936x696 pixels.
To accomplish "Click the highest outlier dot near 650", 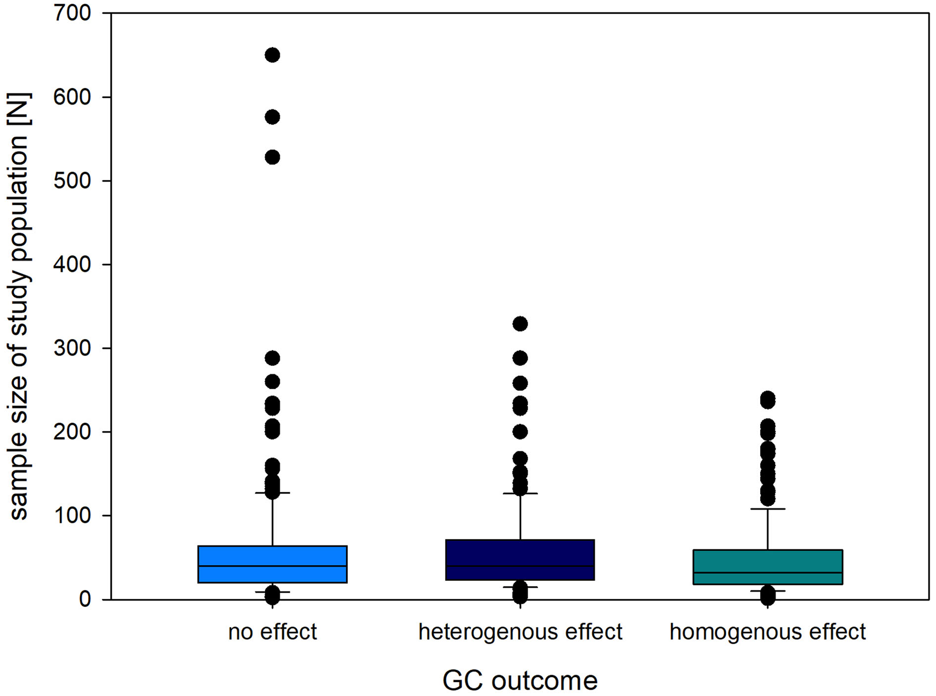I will click(272, 55).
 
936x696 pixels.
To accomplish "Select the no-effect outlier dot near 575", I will click(272, 117).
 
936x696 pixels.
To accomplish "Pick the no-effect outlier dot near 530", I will click(272, 157).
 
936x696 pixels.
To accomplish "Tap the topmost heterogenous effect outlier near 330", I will click(520, 324).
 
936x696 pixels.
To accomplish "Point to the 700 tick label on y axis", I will click(72, 13).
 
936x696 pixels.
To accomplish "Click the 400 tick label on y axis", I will click(72, 265).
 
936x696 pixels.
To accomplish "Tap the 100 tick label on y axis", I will click(72, 515).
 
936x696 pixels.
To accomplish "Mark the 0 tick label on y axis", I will click(85, 599).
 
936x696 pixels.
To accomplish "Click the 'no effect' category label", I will click(272, 632).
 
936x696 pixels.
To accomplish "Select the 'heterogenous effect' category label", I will click(520, 632).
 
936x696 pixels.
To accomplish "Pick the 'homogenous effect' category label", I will click(767, 632).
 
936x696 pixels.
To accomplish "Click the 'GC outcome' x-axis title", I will click(520, 680).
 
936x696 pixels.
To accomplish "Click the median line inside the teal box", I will click(767, 572).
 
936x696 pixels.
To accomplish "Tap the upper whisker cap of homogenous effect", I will click(767, 509).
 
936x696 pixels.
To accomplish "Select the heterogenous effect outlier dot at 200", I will click(520, 432).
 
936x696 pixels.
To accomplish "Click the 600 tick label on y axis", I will click(72, 97).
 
